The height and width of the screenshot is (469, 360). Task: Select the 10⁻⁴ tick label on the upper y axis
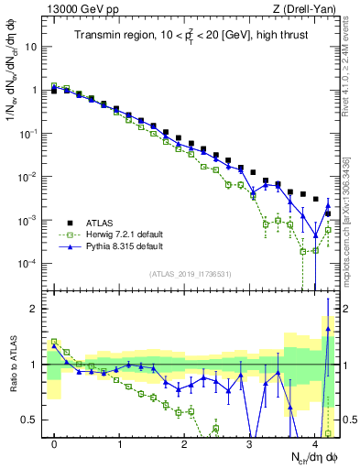[x=30, y=264]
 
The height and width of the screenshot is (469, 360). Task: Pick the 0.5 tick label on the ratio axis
[x=30, y=420]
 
